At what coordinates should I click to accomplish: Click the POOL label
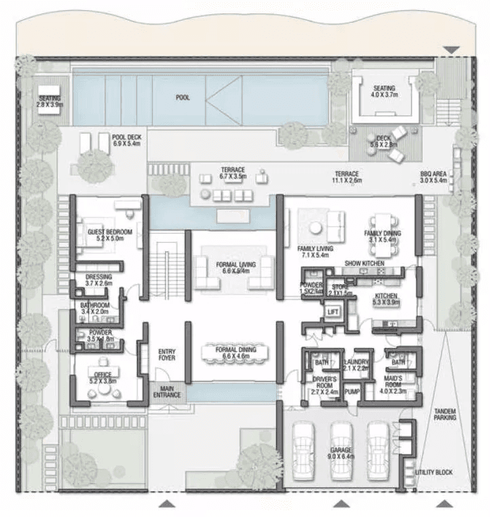pyautogui.click(x=183, y=98)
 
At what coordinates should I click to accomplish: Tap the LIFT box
pyautogui.click(x=333, y=312)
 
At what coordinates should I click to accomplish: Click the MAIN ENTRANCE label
pyautogui.click(x=166, y=392)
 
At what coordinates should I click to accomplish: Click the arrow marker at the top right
pyautogui.click(x=452, y=50)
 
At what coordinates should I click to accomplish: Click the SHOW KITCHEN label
pyautogui.click(x=364, y=263)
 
